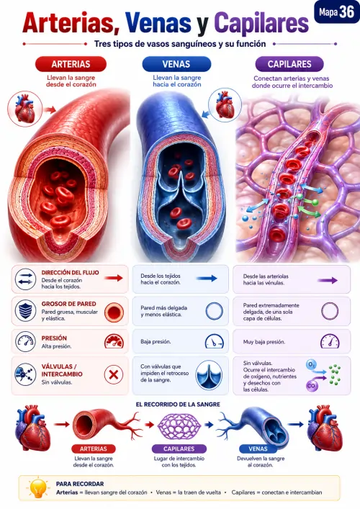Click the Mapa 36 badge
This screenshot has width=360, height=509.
pos(336,12)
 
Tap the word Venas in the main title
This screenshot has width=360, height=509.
pos(158,23)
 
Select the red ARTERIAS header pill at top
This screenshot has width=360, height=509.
pos(71,64)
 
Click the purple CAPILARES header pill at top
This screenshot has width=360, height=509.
pos(289,64)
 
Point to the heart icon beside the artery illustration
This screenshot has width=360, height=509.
pos(25,109)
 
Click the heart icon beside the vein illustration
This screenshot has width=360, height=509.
pos(225,104)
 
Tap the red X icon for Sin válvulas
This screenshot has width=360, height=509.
pos(113,374)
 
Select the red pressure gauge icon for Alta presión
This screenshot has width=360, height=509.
pos(114,341)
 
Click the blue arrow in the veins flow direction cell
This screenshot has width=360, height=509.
pos(207,278)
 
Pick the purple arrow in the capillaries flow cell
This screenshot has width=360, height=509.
pos(328,281)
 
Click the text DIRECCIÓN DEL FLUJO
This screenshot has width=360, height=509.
pos(70,273)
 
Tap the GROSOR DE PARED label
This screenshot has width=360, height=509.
pos(68,304)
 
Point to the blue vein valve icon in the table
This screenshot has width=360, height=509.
pos(209,375)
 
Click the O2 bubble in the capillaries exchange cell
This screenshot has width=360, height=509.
pos(311,365)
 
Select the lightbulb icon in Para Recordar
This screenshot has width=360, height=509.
pos(38,488)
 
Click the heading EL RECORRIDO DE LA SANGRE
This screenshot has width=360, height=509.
pos(178,405)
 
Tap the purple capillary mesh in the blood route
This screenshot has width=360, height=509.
pos(179,426)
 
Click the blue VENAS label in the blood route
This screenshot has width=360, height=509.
pos(258,449)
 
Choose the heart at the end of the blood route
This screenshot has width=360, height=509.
pos(325,428)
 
